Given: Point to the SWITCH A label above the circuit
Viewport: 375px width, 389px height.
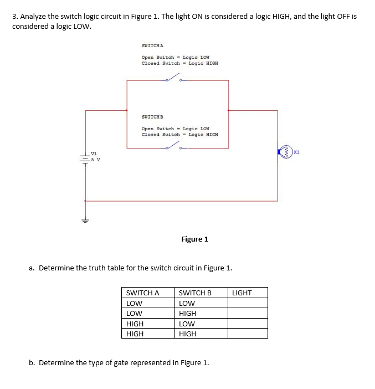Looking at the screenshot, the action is pyautogui.click(x=152, y=45).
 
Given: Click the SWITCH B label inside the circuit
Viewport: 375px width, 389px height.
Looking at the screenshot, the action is pyautogui.click(x=152, y=117).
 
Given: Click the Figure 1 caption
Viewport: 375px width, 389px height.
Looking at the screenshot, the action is pyautogui.click(x=194, y=239).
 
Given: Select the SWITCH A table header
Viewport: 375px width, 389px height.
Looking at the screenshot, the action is pyautogui.click(x=143, y=293).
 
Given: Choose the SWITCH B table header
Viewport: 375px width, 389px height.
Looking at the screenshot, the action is pyautogui.click(x=195, y=293).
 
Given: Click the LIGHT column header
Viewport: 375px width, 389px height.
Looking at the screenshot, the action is pyautogui.click(x=242, y=293).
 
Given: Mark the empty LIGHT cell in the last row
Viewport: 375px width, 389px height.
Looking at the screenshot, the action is pyautogui.click(x=248, y=334).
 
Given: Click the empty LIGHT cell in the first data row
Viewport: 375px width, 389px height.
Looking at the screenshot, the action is pyautogui.click(x=248, y=303).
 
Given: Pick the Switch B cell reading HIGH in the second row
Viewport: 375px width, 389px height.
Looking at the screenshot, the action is pyautogui.click(x=188, y=313).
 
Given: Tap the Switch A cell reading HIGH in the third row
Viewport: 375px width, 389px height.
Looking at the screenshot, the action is pyautogui.click(x=135, y=324).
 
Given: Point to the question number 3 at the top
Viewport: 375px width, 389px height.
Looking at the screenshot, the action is pyautogui.click(x=14, y=17).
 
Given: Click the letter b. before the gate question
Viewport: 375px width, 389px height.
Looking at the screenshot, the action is pyautogui.click(x=32, y=363).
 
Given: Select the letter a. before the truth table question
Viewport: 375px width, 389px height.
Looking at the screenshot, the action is pyautogui.click(x=32, y=268).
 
